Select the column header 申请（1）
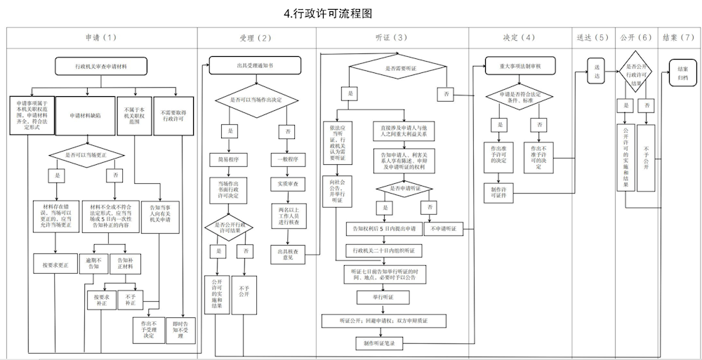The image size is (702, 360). click(101, 38)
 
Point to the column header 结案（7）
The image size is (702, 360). click(678, 38)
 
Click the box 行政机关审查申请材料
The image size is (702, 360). click(101, 65)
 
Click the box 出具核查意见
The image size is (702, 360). click(285, 253)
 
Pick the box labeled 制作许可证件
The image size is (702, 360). click(499, 192)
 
